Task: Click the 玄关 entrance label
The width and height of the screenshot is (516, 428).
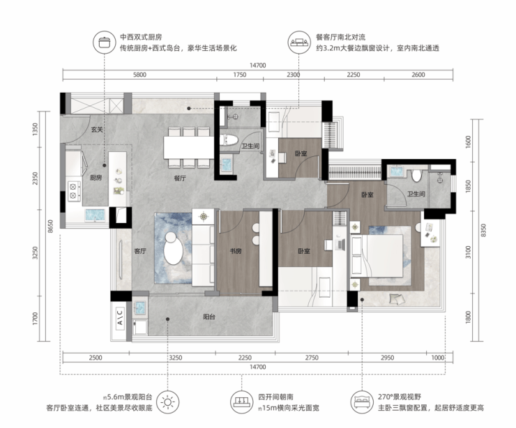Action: click(x=97, y=130)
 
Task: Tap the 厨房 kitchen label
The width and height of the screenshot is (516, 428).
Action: click(x=96, y=178)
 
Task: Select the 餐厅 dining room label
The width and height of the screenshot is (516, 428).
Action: click(x=180, y=178)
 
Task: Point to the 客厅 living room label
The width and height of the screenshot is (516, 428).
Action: click(x=140, y=251)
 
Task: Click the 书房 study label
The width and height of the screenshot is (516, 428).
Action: click(x=236, y=251)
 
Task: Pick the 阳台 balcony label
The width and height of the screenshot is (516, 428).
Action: click(x=209, y=316)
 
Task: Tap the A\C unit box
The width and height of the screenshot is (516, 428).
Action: click(x=120, y=317)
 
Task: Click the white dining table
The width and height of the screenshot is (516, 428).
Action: click(x=189, y=147)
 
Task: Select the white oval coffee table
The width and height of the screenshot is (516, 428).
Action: click(x=173, y=247)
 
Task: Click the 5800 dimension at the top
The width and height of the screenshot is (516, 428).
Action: click(x=139, y=75)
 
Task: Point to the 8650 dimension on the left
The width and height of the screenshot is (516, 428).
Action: click(x=50, y=227)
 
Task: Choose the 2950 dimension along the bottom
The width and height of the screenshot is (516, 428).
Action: click(x=387, y=358)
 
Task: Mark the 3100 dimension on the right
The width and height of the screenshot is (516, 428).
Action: click(x=469, y=252)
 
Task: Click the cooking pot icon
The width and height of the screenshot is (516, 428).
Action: click(x=104, y=42)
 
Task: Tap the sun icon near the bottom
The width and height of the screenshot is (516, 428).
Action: click(x=168, y=402)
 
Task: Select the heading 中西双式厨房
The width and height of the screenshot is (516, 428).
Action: click(x=141, y=37)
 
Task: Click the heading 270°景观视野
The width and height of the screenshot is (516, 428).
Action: click(x=399, y=397)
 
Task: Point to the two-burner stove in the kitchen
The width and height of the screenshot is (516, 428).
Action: click(x=74, y=191)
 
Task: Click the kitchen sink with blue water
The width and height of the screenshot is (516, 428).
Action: click(x=95, y=215)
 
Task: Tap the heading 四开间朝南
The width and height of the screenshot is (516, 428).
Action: click(x=275, y=397)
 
